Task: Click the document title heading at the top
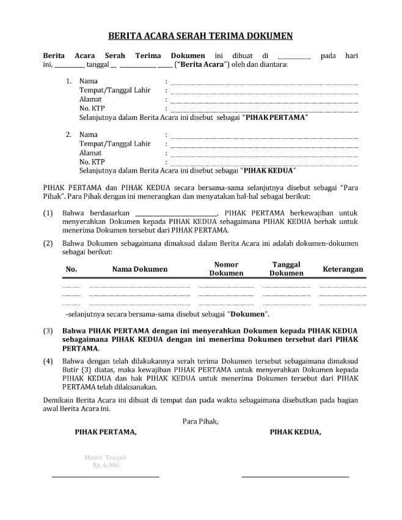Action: [200, 36]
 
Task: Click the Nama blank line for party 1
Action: [264, 83]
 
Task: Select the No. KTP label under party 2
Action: [92, 162]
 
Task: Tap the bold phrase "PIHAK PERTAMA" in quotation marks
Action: [274, 117]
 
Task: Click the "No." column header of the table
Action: [71, 269]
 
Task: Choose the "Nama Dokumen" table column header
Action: [139, 269]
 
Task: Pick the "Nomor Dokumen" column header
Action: [226, 269]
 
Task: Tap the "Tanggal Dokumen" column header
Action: [287, 269]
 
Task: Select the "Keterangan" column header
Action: [342, 269]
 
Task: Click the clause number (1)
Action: [48, 213]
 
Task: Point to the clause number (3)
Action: [48, 331]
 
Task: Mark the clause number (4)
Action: [48, 361]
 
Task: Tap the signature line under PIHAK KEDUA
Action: [295, 477]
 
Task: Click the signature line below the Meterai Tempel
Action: [105, 477]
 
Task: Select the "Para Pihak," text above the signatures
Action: [200, 421]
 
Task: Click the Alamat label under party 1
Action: [90, 99]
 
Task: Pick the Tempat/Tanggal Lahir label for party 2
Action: [115, 144]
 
